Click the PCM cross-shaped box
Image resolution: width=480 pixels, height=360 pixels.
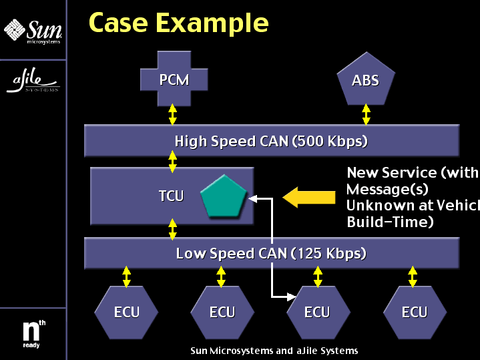[174, 81]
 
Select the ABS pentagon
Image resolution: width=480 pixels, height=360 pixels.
[365, 81]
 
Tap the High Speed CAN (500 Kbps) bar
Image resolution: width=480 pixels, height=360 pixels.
[271, 141]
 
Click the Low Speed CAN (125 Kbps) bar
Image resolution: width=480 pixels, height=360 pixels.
[271, 254]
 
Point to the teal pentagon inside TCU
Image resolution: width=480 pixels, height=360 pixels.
[224, 196]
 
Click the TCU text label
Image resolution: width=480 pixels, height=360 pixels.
[171, 196]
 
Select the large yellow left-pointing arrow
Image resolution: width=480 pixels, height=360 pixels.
[309, 196]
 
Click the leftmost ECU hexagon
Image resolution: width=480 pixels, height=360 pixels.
[126, 312]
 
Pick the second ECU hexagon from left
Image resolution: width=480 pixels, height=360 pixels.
[222, 312]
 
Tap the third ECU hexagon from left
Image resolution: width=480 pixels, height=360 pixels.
[317, 312]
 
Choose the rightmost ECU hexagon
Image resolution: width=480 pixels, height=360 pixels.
[414, 312]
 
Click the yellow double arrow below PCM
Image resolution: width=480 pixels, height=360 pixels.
[173, 114]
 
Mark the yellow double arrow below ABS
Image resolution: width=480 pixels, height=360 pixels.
[366, 114]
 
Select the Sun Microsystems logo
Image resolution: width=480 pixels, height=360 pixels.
[33, 30]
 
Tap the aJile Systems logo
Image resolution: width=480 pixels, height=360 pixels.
[33, 81]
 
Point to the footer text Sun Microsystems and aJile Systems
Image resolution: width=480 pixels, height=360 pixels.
[274, 351]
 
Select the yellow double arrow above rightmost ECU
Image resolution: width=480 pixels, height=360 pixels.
[413, 277]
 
